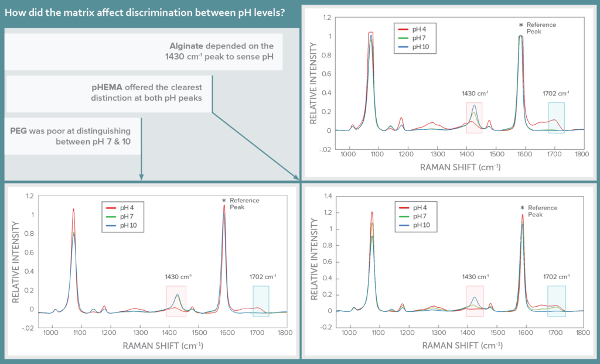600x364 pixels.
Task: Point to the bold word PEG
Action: tap(19, 131)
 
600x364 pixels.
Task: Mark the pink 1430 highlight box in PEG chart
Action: tap(176, 301)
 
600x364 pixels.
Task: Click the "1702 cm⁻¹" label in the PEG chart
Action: tap(261, 276)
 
